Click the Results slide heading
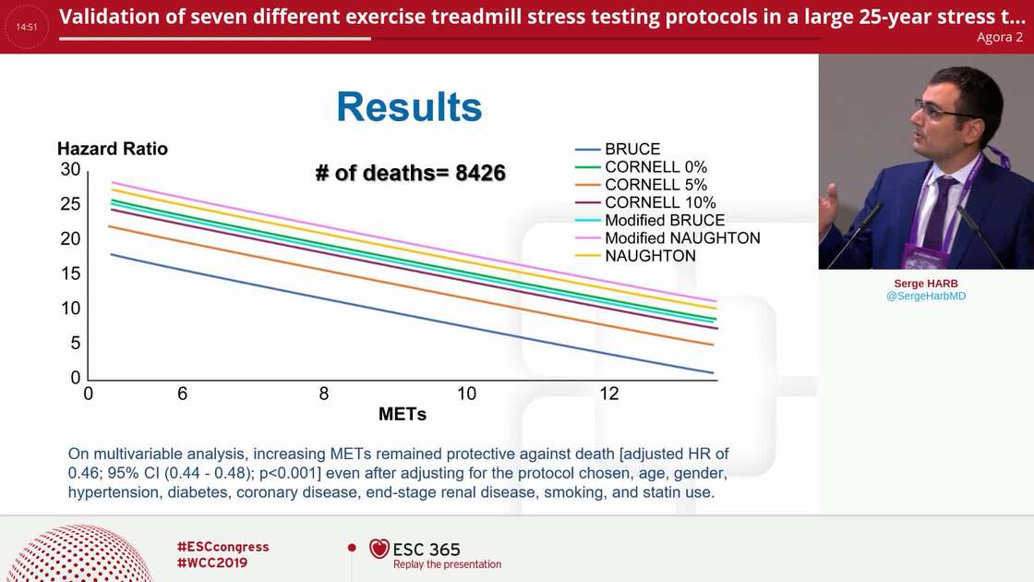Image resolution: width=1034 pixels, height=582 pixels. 409,107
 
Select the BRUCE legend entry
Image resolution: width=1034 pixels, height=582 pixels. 631,150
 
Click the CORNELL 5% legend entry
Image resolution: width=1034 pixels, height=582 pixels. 655,185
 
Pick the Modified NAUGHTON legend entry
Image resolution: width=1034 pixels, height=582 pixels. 682,238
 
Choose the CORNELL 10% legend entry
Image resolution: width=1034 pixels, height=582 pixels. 660,202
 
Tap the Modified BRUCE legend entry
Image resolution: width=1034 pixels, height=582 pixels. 665,221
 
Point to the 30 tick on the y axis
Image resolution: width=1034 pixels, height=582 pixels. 70,169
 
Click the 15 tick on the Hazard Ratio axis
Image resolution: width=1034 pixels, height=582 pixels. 70,274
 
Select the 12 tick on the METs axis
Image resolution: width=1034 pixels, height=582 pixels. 609,394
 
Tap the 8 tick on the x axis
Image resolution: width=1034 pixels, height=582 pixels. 324,394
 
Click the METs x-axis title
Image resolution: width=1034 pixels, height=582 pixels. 403,415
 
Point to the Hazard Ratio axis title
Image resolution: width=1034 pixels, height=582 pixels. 113,149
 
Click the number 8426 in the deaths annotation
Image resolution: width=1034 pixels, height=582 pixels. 480,173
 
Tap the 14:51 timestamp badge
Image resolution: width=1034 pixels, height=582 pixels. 27,27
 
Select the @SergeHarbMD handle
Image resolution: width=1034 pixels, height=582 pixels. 925,297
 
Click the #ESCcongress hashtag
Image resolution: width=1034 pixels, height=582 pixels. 222,547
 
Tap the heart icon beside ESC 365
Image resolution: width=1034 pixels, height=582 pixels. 379,549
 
